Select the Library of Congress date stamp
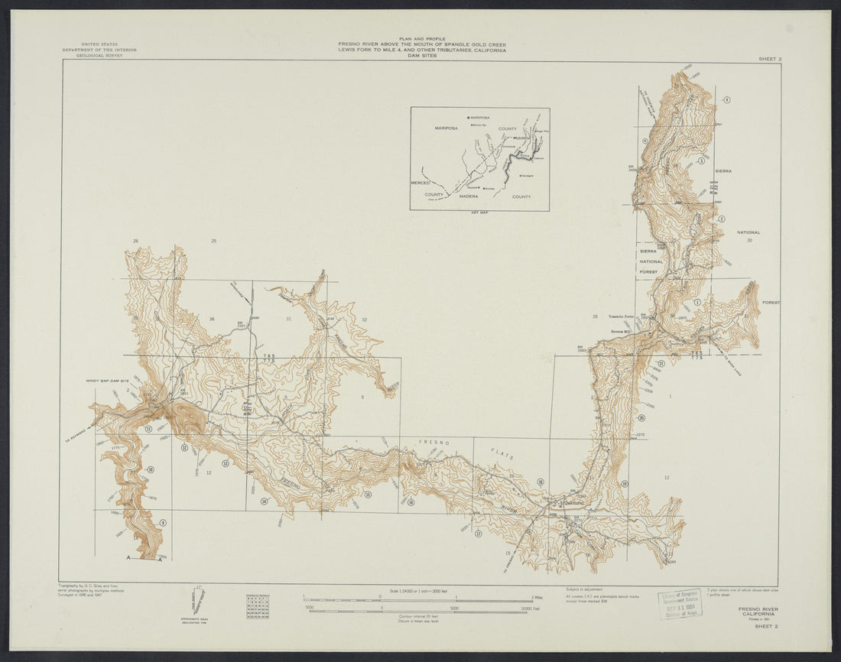tap(678, 603)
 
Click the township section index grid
tap(258, 605)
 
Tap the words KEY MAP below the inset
tap(480, 213)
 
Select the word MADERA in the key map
tap(469, 196)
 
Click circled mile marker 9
tap(162, 523)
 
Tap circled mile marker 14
tap(265, 501)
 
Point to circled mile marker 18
tap(541, 482)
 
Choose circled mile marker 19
tap(625, 483)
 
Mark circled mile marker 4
tap(727, 100)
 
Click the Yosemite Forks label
tap(621, 316)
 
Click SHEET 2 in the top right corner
tap(770, 58)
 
